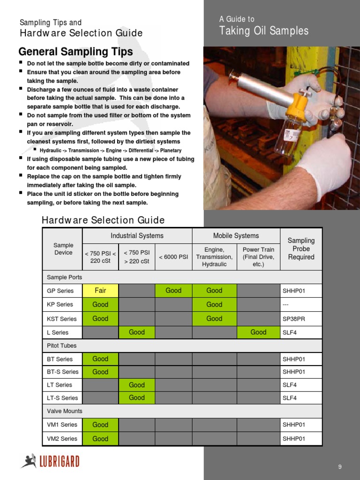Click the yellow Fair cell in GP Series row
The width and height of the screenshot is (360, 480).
click(100, 291)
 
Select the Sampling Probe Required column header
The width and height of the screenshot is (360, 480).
click(301, 249)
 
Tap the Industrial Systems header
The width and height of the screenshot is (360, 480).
click(137, 236)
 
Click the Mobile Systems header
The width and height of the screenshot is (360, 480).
click(236, 236)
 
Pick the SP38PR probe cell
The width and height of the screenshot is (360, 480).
click(301, 319)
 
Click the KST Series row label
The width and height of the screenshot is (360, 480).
click(62, 319)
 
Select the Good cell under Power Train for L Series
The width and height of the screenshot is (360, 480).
click(258, 332)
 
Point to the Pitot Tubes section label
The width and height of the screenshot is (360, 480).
click(62, 345)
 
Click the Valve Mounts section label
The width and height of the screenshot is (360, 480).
click(65, 411)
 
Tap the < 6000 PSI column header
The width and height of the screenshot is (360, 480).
click(173, 257)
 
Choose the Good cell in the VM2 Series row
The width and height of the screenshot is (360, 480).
click(100, 439)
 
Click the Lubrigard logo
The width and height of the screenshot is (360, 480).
click(50, 461)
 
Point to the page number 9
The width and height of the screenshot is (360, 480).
click(340, 466)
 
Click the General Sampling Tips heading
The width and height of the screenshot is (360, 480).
click(75, 52)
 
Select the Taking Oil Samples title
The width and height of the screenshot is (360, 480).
click(264, 31)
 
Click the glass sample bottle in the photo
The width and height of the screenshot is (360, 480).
click(287, 136)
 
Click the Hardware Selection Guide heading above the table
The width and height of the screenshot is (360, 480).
click(103, 220)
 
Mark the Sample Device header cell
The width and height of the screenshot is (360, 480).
click(63, 249)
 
